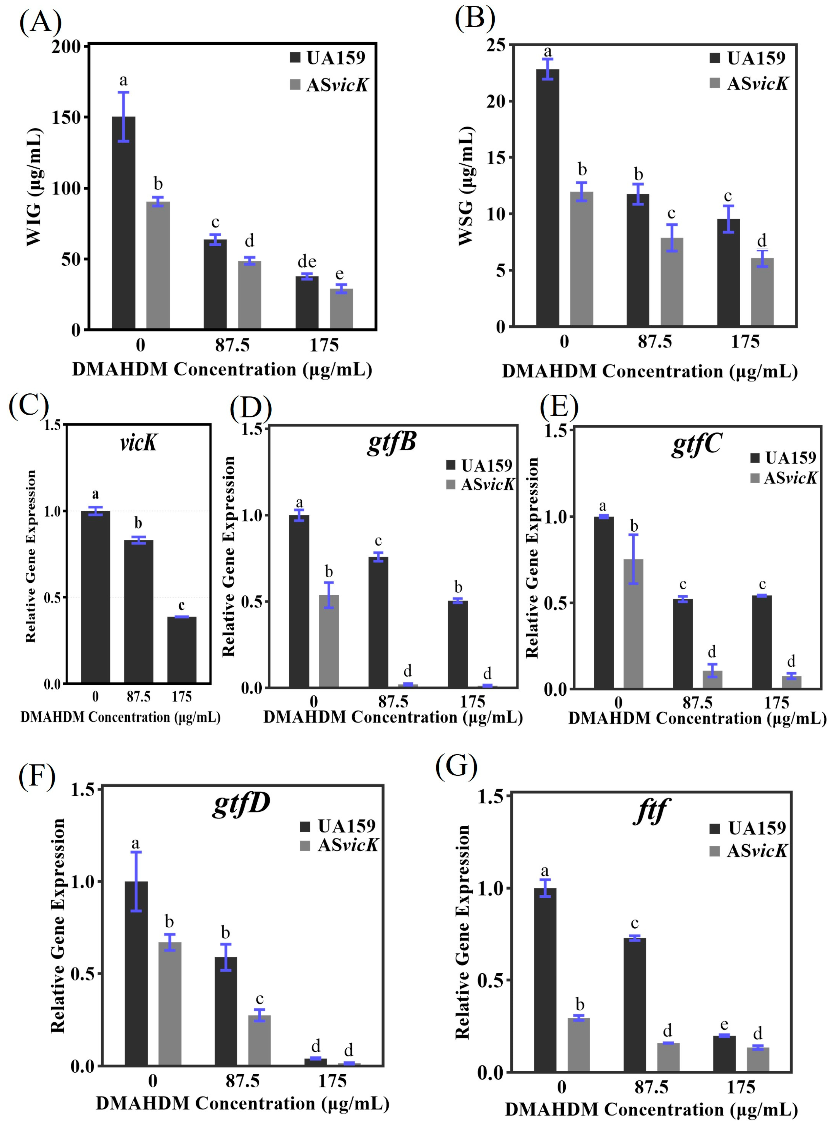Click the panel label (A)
(40, 22)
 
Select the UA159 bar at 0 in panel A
(124, 222)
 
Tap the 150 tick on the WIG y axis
(67, 117)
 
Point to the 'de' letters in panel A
(307, 261)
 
